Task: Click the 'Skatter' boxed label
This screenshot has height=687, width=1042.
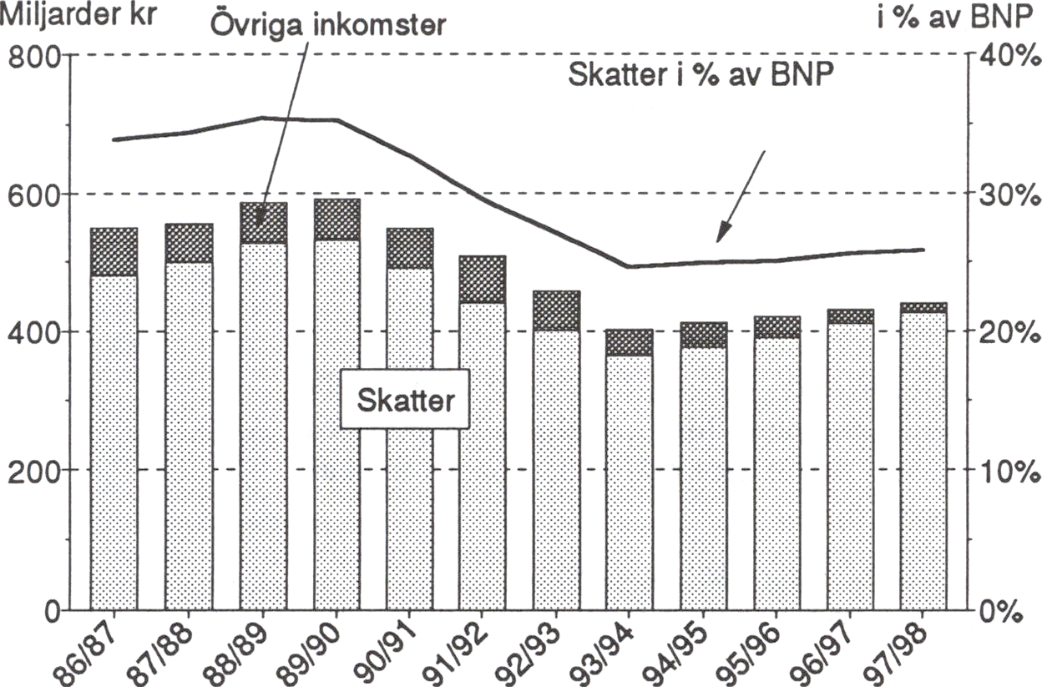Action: click(406, 401)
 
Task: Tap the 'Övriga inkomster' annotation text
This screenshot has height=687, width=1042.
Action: click(326, 23)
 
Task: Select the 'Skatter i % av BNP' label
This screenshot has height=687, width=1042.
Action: click(702, 75)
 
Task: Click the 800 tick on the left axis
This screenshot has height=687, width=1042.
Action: click(33, 57)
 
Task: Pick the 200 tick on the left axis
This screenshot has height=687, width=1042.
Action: click(33, 470)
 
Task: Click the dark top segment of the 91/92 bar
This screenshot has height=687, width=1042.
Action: click(483, 280)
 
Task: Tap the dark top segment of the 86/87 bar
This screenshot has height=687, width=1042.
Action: click(114, 252)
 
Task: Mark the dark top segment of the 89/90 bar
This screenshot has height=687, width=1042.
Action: click(336, 220)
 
